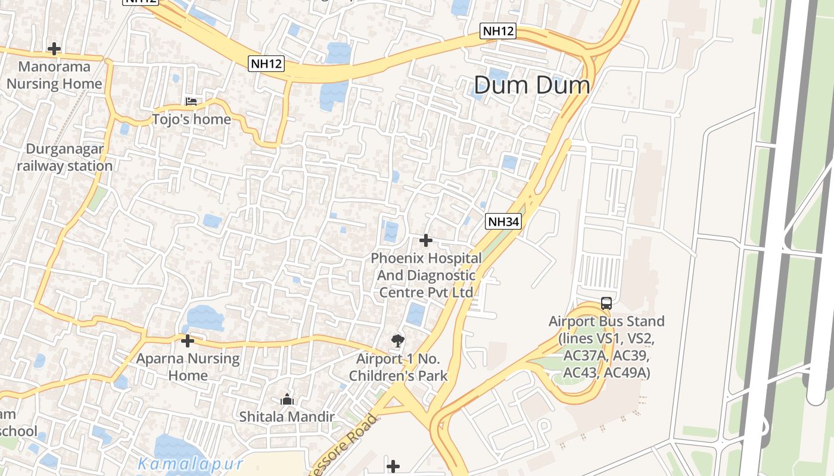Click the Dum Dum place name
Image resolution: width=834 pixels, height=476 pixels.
(x=532, y=85)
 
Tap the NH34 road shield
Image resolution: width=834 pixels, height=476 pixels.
(x=503, y=222)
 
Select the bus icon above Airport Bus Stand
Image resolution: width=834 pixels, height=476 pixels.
(x=606, y=303)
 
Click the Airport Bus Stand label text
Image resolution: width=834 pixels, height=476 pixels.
(x=606, y=347)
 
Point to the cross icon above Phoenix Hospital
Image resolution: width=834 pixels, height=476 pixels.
(x=426, y=240)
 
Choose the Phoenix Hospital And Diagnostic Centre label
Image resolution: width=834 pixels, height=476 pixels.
(x=426, y=275)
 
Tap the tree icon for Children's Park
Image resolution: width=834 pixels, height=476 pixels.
(x=397, y=341)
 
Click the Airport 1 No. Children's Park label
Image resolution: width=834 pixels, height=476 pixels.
(x=398, y=367)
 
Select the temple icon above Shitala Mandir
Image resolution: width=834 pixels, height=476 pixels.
(x=287, y=399)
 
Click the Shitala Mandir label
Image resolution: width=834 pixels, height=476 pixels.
(x=287, y=416)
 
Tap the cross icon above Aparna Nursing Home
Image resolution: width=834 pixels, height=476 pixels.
(x=188, y=341)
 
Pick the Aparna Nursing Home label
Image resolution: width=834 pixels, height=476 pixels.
(x=188, y=367)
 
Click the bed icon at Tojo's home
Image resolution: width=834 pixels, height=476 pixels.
(x=191, y=102)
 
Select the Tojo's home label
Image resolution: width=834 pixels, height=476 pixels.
(x=191, y=119)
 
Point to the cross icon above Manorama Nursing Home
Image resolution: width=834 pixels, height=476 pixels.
(x=54, y=48)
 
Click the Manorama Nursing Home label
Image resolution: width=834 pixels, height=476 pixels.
(x=54, y=75)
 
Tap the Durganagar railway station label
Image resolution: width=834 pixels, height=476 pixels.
(x=64, y=157)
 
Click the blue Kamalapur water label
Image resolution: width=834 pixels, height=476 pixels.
(x=191, y=464)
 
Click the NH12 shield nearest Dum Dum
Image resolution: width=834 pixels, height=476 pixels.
(x=498, y=31)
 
